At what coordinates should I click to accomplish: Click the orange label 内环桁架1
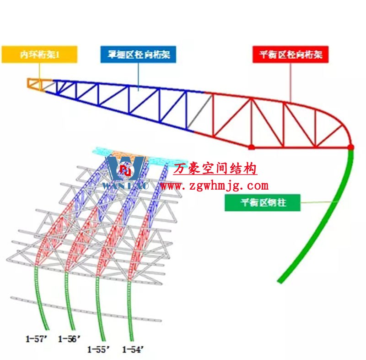coord(39,55)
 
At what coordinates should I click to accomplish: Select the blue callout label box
coord(138,55)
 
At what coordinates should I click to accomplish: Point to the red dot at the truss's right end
coord(350,147)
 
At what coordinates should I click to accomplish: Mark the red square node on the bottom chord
coord(251,147)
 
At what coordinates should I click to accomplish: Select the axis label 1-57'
coord(37,339)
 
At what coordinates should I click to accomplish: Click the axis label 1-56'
coord(69,339)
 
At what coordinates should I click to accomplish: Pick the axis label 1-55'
coord(99,350)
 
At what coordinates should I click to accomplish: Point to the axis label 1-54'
coord(134,350)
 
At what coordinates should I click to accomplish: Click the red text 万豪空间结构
coord(215,169)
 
